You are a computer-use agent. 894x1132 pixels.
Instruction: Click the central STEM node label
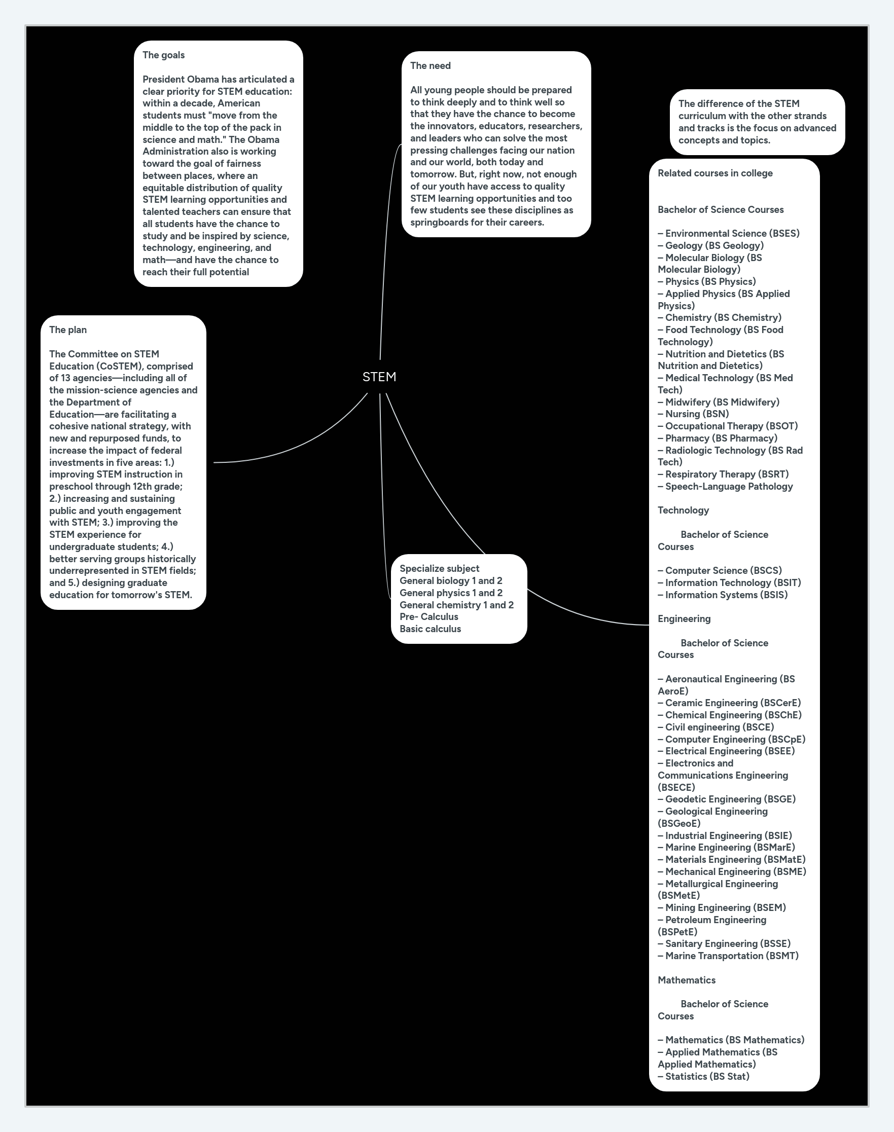[379, 377]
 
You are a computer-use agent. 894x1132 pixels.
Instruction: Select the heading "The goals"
[163, 55]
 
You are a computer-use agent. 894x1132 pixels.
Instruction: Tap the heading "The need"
[430, 65]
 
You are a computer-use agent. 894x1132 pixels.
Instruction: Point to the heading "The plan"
[68, 330]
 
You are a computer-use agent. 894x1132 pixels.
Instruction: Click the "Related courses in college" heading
[715, 173]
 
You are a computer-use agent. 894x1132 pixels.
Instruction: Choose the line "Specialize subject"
[439, 568]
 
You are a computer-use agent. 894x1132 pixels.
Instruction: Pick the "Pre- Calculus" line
[428, 616]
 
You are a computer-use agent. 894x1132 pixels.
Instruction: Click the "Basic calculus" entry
[430, 629]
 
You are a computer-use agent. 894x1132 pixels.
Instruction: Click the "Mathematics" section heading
[686, 980]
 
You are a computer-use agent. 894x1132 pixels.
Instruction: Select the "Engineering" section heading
[684, 618]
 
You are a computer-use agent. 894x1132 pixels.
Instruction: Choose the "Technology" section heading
[683, 510]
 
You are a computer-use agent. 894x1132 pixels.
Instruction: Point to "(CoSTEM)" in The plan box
[118, 366]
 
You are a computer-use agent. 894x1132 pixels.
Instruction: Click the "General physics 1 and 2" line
[451, 593]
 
